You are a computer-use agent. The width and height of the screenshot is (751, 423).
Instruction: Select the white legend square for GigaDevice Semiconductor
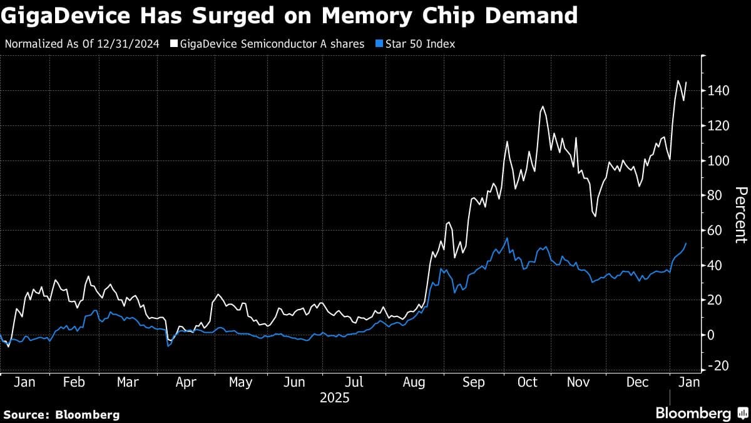tap(174, 44)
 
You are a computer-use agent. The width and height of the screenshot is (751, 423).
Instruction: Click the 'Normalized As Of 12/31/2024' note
tap(82, 44)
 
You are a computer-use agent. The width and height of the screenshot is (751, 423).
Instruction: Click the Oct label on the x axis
tap(527, 382)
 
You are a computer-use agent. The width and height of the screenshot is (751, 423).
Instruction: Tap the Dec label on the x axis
tap(638, 382)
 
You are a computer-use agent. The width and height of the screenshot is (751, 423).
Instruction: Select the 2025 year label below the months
tap(334, 398)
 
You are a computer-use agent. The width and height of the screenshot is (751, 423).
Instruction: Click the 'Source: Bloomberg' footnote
tap(61, 415)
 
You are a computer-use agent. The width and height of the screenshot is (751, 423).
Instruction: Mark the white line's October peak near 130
tap(542, 107)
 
